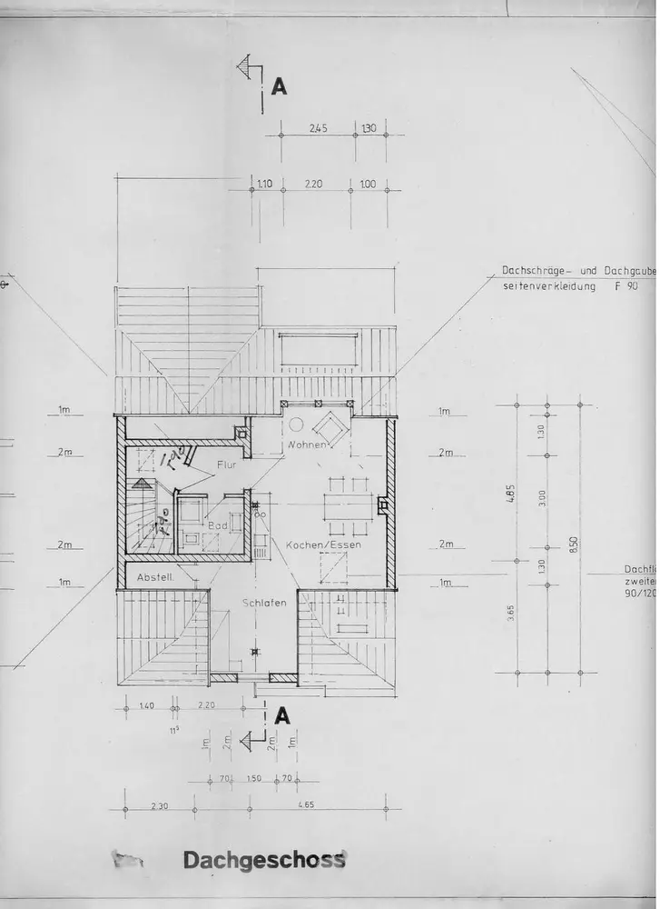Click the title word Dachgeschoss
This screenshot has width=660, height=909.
coord(264,860)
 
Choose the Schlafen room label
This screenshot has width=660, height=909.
coord(264,603)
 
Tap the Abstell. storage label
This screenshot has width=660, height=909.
coord(154,578)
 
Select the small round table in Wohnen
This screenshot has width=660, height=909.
coord(296,424)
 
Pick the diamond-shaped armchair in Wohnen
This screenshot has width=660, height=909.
coord(330,427)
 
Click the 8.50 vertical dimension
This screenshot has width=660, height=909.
coord(574,545)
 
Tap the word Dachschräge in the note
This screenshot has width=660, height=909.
coord(533,271)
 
